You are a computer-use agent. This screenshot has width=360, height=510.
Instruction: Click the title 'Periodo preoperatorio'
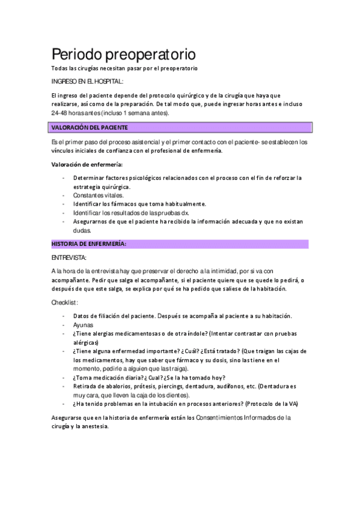[x=123, y=54]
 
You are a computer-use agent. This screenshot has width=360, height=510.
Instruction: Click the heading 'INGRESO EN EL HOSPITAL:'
[x=87, y=81]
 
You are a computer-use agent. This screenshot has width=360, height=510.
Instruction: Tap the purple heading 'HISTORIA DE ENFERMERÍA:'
[x=88, y=244]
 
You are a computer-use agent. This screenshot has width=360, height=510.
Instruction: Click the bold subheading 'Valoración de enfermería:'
[x=87, y=164]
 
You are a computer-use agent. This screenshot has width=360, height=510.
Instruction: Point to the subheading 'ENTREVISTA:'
[x=69, y=257]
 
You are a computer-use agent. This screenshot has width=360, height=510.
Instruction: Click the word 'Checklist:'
[x=66, y=302]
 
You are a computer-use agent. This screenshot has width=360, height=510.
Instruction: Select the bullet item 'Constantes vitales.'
[x=99, y=195]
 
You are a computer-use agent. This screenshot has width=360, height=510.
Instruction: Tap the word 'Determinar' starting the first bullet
[x=89, y=178]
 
